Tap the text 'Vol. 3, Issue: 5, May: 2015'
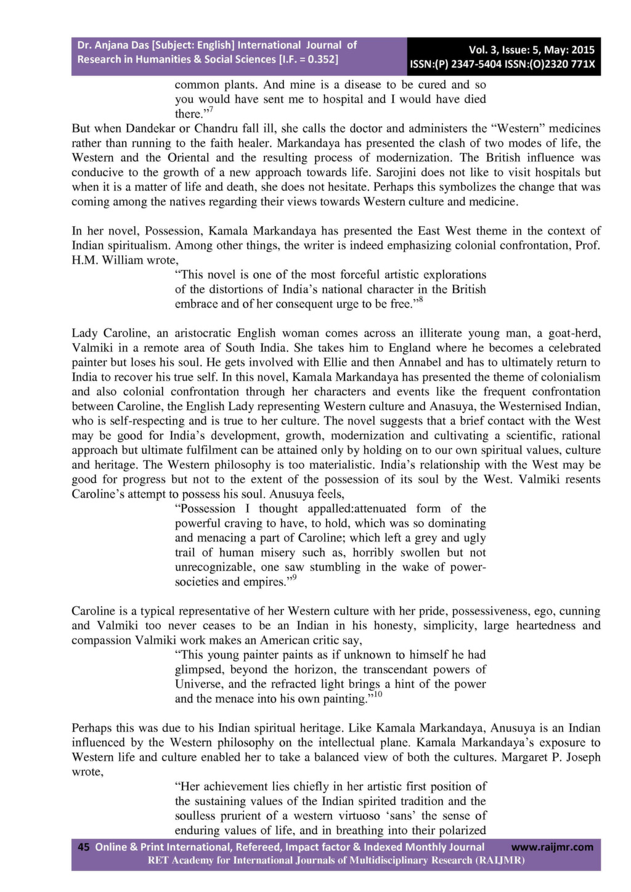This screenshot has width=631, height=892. [532, 50]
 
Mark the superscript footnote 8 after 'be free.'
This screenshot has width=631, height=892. [420, 301]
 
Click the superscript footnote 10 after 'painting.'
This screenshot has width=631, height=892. [378, 695]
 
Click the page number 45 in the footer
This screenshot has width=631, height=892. [84, 847]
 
